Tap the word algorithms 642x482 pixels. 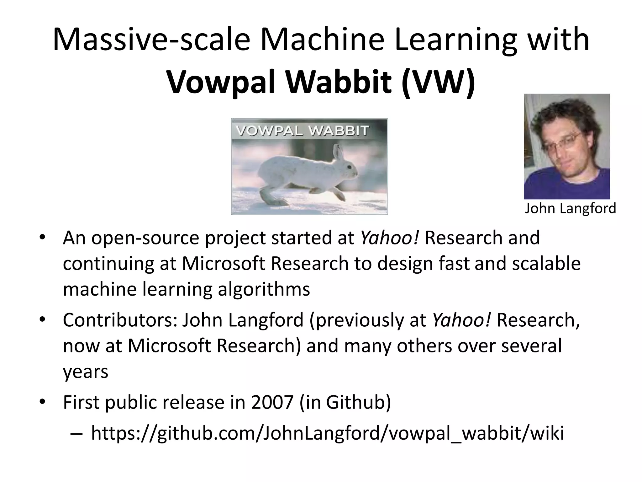pyautogui.click(x=264, y=289)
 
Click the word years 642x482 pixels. pyautogui.click(x=85, y=372)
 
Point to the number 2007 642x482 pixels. pyautogui.click(x=272, y=402)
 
